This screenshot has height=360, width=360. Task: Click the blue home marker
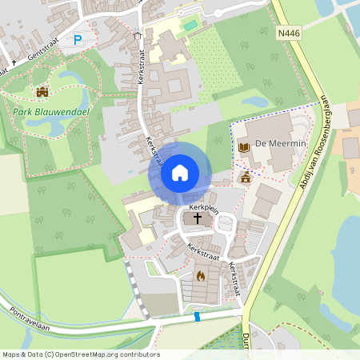point(180,173)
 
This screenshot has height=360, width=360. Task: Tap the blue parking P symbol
point(78,39)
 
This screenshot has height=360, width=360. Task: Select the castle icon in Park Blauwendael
point(42,93)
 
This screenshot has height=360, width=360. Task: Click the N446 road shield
point(290,34)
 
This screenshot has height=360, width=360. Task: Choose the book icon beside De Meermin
point(243,146)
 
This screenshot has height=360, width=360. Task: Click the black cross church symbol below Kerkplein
point(198,218)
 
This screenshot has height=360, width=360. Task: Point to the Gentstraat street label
point(43,55)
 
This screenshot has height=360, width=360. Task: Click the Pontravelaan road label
point(32,318)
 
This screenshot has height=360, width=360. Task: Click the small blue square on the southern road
point(197,318)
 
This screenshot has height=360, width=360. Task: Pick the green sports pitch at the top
point(190,26)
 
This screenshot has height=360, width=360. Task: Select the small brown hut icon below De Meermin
point(246,177)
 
